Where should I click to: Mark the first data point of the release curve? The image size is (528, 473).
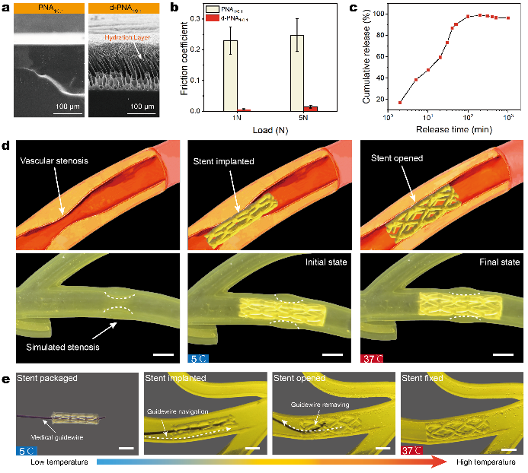click(401, 103)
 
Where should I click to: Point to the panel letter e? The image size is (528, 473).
click(6, 377)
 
